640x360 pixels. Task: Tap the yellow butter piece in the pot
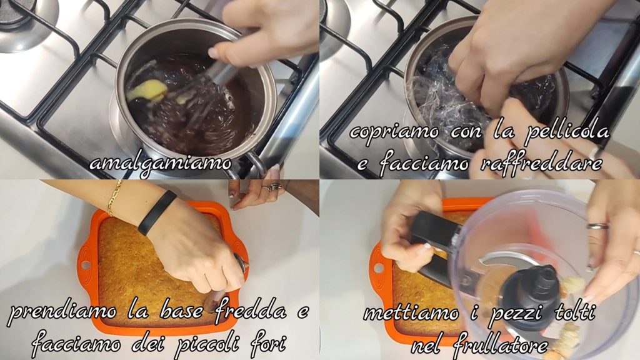pos(147,91)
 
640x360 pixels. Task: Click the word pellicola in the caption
pos(567,131)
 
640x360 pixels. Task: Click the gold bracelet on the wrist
pos(114,198)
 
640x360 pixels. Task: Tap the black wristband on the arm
pos(156,213)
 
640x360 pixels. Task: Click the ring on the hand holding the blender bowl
pos(597,226)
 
